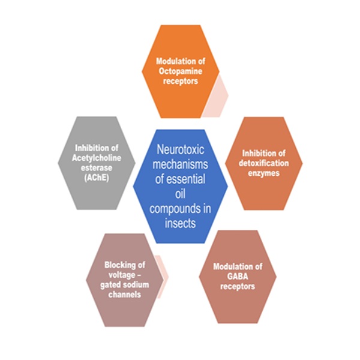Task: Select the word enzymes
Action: pos(264,174)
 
